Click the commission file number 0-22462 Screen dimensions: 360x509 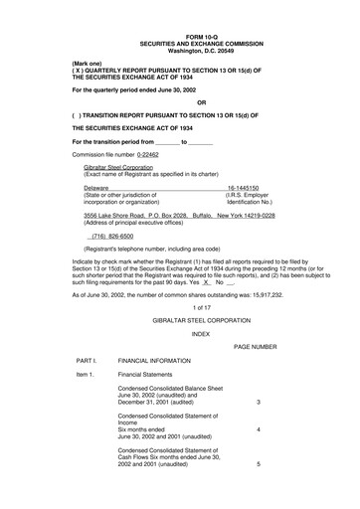click(x=140, y=155)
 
